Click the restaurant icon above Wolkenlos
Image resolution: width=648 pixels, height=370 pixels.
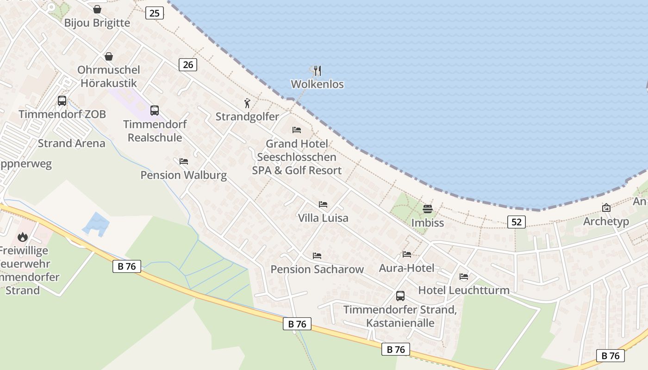point(317,71)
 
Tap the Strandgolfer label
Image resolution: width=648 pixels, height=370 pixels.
point(247,117)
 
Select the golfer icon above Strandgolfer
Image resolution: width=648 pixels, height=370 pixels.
point(247,103)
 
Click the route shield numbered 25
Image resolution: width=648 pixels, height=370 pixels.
point(155,13)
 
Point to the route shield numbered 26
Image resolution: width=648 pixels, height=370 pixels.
point(188,65)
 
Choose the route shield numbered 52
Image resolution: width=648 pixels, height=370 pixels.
point(517,222)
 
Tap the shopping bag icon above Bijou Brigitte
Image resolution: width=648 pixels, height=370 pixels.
point(97,9)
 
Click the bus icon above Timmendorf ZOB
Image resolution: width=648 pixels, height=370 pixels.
point(62,100)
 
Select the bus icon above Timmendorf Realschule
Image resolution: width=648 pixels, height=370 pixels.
point(155,111)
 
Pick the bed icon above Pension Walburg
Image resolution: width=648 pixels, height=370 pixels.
point(184,161)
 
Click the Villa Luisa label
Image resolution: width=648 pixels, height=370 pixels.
point(323,218)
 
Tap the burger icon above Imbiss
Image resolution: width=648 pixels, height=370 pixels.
point(427,209)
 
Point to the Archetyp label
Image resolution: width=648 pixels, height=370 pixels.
point(606,221)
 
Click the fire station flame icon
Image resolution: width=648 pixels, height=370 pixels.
point(22,237)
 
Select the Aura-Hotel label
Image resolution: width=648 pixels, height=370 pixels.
point(406,268)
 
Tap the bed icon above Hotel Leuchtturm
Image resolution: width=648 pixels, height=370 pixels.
point(464,277)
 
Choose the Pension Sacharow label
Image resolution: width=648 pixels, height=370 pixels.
point(317,269)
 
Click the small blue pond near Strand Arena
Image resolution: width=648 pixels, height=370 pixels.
point(96,223)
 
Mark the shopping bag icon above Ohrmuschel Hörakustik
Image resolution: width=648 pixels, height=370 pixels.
point(108,56)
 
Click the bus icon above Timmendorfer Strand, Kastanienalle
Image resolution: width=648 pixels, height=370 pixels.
point(400,296)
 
